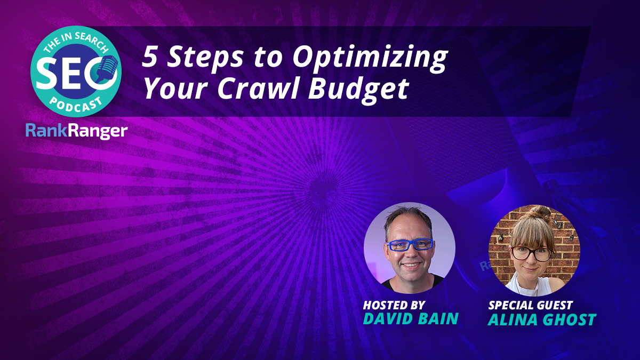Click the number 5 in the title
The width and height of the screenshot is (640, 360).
click(149, 57)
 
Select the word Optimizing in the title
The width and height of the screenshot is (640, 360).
click(370, 59)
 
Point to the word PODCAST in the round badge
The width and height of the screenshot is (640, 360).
click(76, 105)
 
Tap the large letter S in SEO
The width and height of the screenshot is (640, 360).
click(45, 72)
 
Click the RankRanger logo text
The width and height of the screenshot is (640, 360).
click(77, 131)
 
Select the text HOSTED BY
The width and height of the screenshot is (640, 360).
click(394, 306)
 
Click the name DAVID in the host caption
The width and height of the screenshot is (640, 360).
click(388, 318)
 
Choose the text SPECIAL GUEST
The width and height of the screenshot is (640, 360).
click(531, 306)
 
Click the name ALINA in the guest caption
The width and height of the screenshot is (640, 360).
click(512, 319)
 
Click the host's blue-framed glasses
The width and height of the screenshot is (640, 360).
click(410, 245)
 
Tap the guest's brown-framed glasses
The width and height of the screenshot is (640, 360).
click(532, 254)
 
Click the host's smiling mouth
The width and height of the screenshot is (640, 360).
click(411, 265)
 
